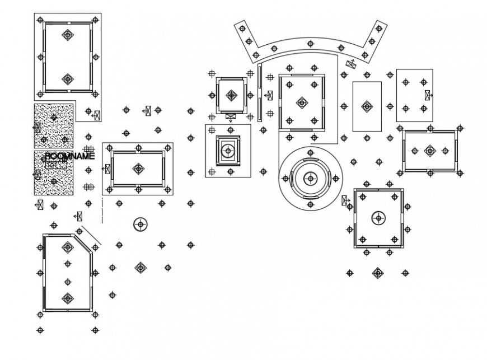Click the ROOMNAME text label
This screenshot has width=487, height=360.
click(x=70, y=156)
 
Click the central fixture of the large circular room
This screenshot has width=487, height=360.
click(x=310, y=179)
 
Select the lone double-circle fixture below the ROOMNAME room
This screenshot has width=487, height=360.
click(x=141, y=225)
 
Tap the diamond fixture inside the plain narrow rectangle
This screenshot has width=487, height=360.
click(x=367, y=106)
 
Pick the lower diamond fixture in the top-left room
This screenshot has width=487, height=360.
click(x=68, y=79)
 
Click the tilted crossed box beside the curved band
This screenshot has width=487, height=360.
click(x=351, y=63)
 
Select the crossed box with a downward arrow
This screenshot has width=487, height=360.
click(x=231, y=116)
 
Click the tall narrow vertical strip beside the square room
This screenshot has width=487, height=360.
click(x=259, y=93)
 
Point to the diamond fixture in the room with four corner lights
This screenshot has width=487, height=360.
click(x=302, y=103)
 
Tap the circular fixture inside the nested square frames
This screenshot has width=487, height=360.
click(x=228, y=151)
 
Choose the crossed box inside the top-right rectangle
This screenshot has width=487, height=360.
click(x=428, y=95)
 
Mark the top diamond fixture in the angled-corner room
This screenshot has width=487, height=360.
click(x=68, y=247)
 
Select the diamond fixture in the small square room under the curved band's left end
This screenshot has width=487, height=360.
click(x=231, y=95)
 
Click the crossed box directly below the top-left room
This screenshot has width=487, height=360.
click(x=97, y=115)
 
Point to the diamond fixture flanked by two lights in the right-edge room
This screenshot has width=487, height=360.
click(x=430, y=151)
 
